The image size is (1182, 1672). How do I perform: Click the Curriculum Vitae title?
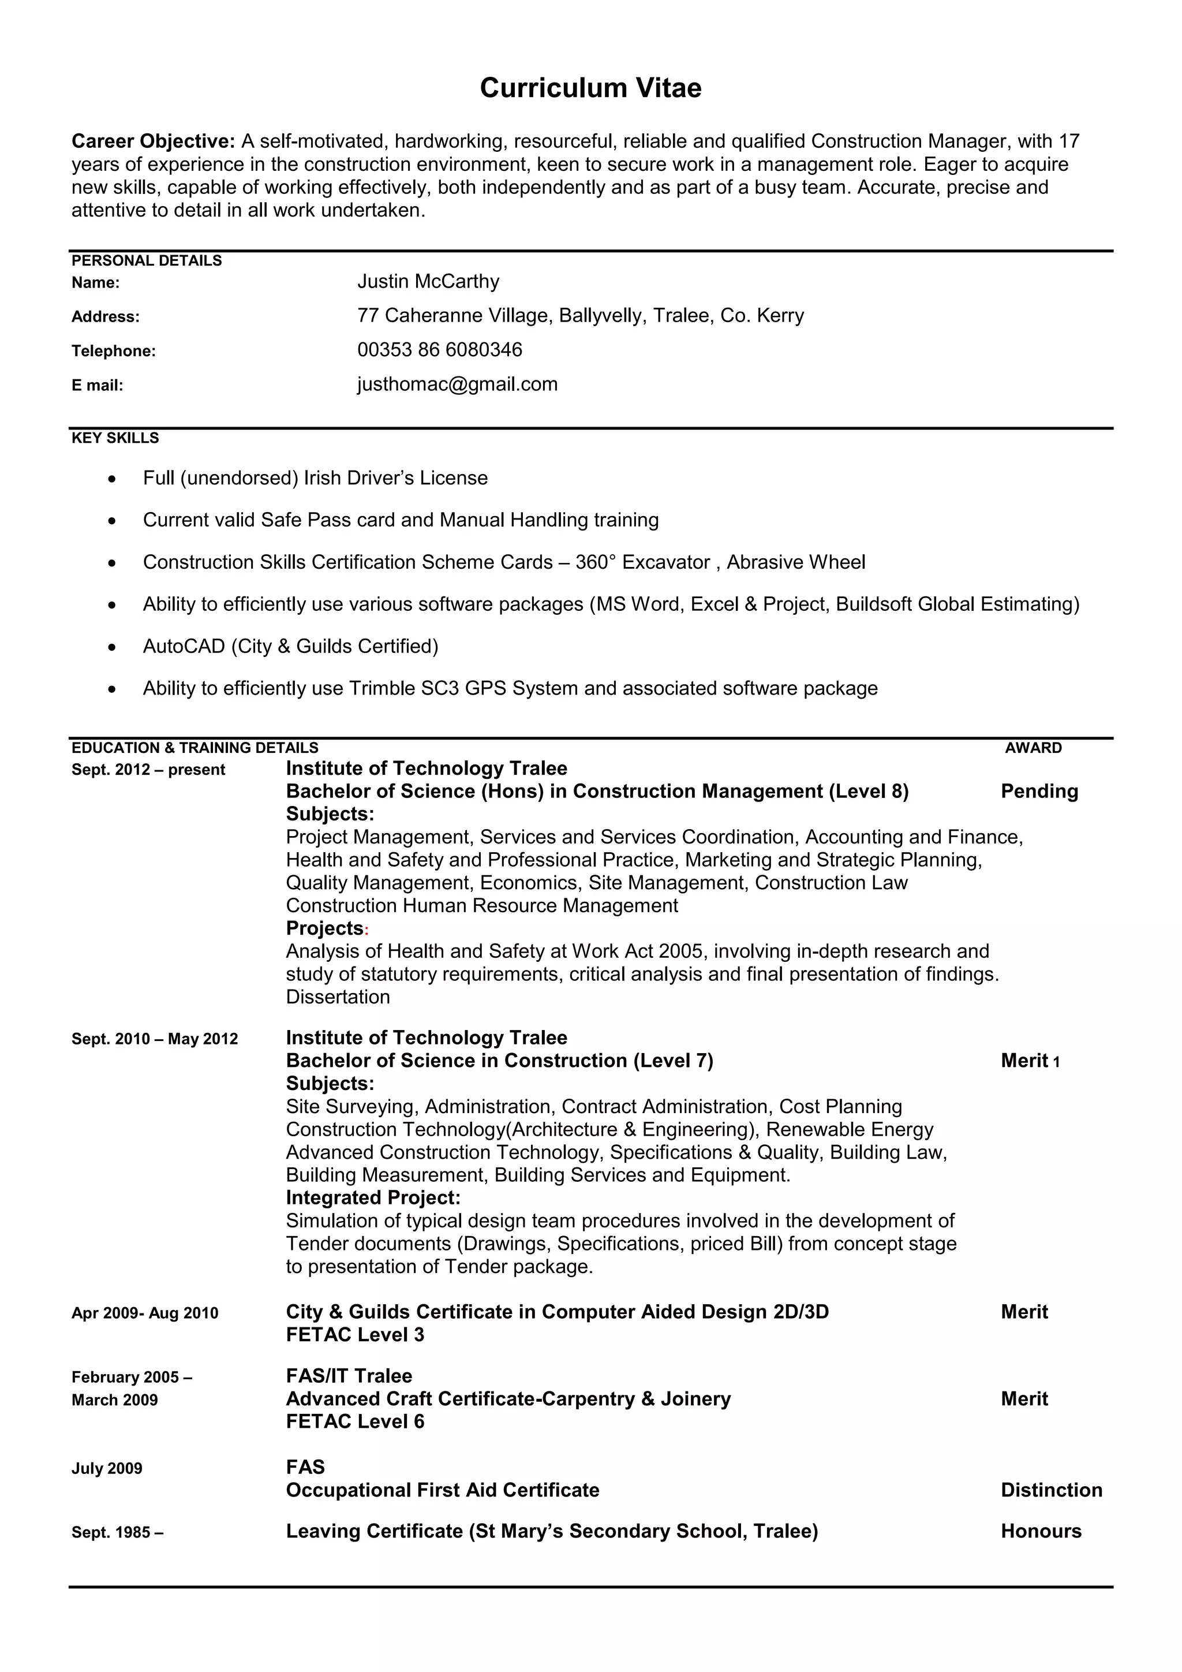pyautogui.click(x=590, y=88)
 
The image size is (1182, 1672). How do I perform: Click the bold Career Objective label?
pyautogui.click(x=153, y=141)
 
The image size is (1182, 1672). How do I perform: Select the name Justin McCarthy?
pyautogui.click(x=428, y=282)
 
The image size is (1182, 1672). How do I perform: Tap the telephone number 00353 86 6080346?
pyautogui.click(x=440, y=350)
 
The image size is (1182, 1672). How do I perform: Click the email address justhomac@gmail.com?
pyautogui.click(x=457, y=385)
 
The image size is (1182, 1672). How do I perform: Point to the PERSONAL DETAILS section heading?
pyautogui.click(x=146, y=261)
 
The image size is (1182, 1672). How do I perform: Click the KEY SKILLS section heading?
pyautogui.click(x=115, y=438)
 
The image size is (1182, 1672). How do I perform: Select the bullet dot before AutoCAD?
pyautogui.click(x=111, y=647)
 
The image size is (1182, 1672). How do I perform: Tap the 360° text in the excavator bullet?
pyautogui.click(x=594, y=563)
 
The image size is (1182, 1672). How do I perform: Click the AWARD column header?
pyautogui.click(x=1033, y=748)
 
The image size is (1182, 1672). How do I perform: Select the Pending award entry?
pyautogui.click(x=1039, y=792)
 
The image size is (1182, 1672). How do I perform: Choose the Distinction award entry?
pyautogui.click(x=1051, y=1491)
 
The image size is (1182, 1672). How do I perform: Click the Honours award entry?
pyautogui.click(x=1041, y=1532)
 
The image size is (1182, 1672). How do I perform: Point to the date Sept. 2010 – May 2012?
pyautogui.click(x=154, y=1039)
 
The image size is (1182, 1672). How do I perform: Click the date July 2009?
pyautogui.click(x=107, y=1469)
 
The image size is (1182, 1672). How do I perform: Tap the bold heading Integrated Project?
pyautogui.click(x=373, y=1198)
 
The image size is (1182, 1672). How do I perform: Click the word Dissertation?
pyautogui.click(x=338, y=998)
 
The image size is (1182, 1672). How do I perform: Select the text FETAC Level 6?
pyautogui.click(x=354, y=1421)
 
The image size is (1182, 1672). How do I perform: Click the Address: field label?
pyautogui.click(x=106, y=318)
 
